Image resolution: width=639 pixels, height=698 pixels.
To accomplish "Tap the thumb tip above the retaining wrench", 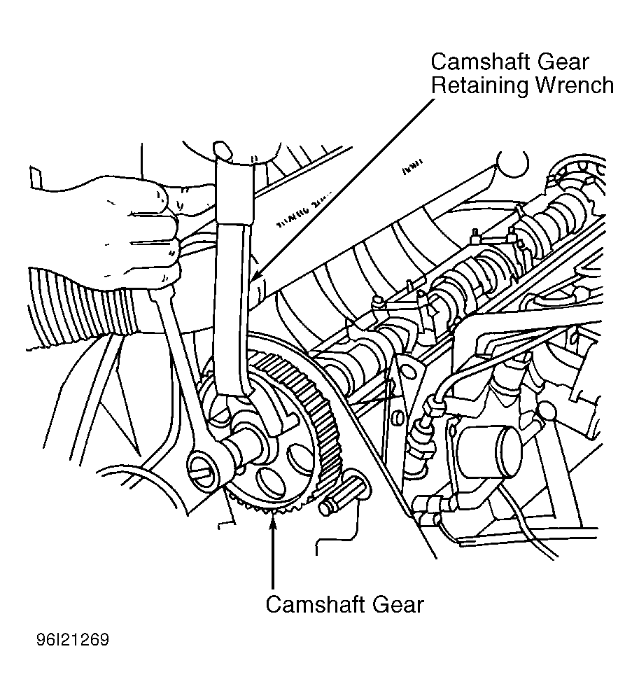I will pos(223,149).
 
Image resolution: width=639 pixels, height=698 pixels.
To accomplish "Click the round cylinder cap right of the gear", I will pos(491,449).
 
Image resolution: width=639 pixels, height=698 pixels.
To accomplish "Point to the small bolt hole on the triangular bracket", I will pos(398,419).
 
